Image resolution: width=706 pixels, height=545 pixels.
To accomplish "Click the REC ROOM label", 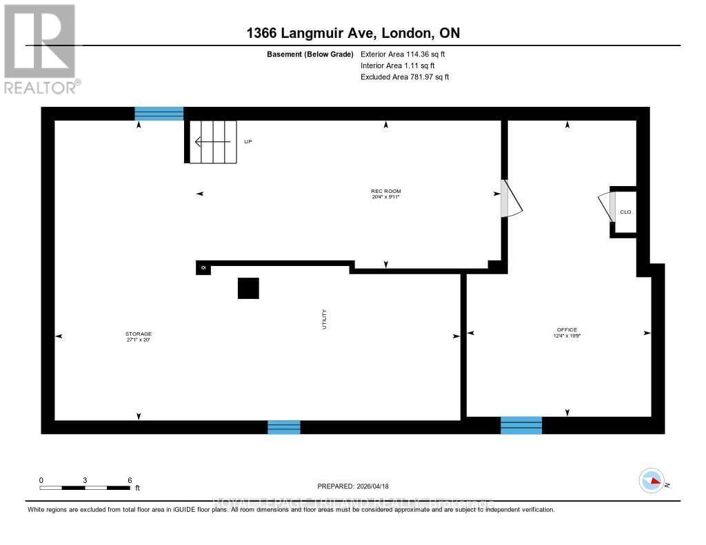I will click(385, 191).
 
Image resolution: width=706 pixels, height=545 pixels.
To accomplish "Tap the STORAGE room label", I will click(139, 334).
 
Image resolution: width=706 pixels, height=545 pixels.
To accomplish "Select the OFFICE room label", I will click(567, 330).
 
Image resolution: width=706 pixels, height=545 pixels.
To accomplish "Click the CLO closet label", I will click(625, 212).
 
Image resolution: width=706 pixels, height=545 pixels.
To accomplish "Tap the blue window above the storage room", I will click(159, 114).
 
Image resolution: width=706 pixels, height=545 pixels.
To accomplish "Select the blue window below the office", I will click(521, 425).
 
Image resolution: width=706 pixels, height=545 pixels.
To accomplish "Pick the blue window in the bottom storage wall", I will click(283, 427).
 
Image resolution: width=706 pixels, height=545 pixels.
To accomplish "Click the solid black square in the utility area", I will click(248, 288).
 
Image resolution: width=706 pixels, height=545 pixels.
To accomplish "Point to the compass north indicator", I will click(652, 480).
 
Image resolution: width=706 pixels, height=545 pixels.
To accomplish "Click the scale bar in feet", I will click(85, 487).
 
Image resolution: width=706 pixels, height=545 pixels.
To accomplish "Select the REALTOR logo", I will click(41, 48).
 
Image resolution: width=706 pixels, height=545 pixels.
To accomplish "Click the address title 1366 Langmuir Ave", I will click(352, 33).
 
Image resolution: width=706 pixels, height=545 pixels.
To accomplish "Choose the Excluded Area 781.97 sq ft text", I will click(405, 77).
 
